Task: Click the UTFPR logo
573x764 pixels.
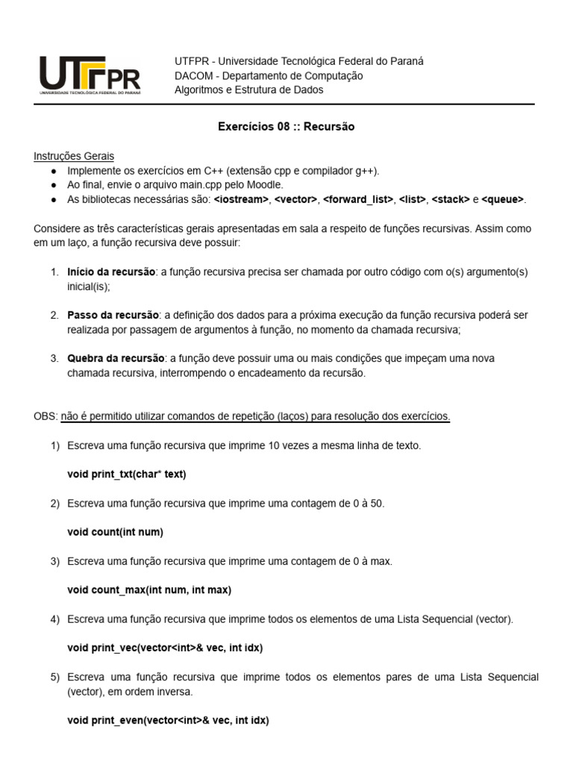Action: click(90, 76)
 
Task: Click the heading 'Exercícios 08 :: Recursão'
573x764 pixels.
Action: click(286, 127)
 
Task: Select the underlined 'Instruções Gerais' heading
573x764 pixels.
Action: click(74, 156)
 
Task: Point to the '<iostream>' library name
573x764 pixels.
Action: click(241, 199)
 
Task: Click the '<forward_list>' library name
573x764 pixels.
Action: click(357, 199)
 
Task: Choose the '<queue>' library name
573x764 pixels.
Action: click(503, 199)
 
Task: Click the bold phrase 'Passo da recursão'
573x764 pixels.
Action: click(113, 315)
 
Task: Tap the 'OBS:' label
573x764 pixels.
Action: click(45, 416)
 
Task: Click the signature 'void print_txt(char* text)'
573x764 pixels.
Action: click(127, 474)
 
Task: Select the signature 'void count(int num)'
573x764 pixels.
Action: click(115, 532)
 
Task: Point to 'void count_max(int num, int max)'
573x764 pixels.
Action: click(149, 589)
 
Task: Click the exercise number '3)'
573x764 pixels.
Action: click(54, 560)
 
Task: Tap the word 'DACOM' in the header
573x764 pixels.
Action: click(192, 75)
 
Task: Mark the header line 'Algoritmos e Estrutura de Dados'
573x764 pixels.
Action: click(248, 90)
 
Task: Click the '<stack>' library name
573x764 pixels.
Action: click(450, 199)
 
